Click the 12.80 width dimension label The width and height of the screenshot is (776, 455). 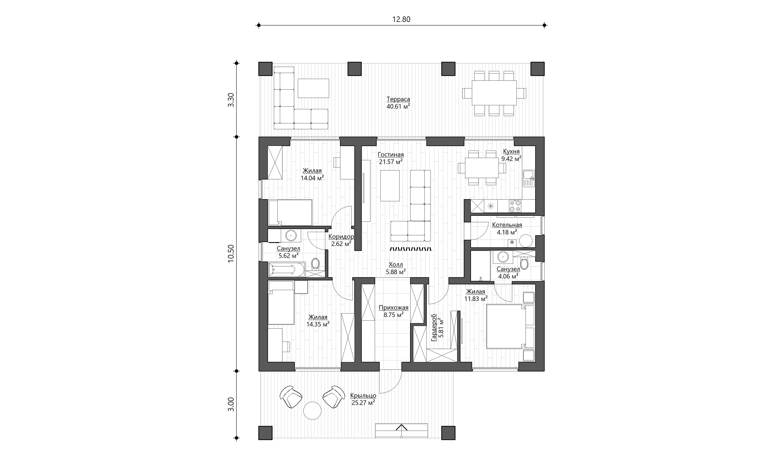(x=401, y=19)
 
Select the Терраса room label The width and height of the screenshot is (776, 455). (x=398, y=99)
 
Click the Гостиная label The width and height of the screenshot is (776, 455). (x=391, y=155)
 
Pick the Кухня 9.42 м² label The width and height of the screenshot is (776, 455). (x=511, y=155)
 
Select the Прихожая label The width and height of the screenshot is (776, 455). (x=393, y=308)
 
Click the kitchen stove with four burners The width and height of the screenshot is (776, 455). (x=515, y=206)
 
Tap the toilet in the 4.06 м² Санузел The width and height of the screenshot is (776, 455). (x=524, y=263)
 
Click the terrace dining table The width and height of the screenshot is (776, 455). (x=494, y=93)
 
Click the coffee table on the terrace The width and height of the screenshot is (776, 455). (x=313, y=88)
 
